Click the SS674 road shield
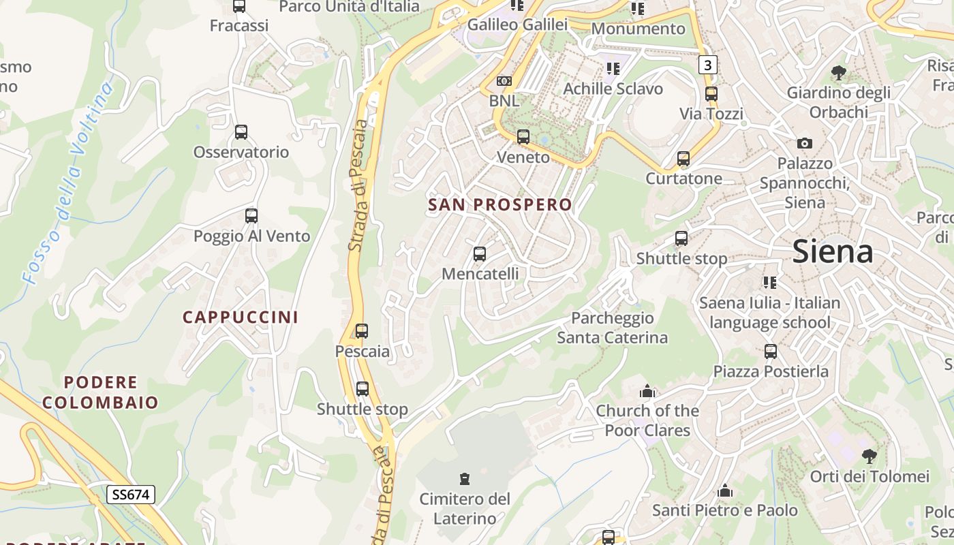coord(130,494)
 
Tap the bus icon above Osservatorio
coord(241,132)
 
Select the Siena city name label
coord(833,252)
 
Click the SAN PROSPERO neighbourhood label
coord(500,204)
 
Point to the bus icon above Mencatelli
coord(480,254)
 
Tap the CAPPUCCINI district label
coord(241,317)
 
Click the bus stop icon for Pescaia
coord(362,331)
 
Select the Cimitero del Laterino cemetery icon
coord(465,478)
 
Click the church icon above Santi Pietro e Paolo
coord(725,490)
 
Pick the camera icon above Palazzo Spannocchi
coord(805,143)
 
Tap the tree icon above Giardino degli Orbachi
coord(839,72)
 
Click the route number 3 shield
coord(708,65)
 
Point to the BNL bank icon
coord(504,81)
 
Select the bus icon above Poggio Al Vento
coord(251,216)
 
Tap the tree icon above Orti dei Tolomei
coord(869,456)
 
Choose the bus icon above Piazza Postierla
coord(771,352)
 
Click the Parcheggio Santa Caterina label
coord(612,328)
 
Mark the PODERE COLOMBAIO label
coord(101,392)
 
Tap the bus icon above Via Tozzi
coord(711,93)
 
